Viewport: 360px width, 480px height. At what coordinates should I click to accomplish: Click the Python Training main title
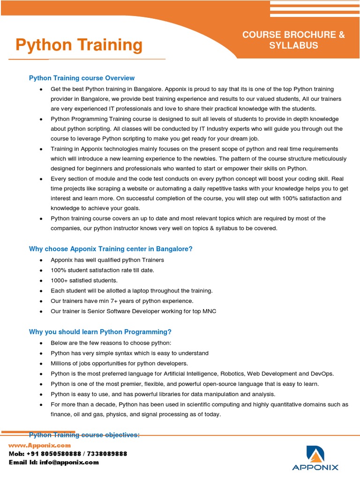coord(79,45)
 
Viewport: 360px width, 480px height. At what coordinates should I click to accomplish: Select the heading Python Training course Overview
coord(82,78)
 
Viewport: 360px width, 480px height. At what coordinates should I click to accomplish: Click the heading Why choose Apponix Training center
coord(111,249)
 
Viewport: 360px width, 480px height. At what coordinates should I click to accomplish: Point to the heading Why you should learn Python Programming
coord(100,332)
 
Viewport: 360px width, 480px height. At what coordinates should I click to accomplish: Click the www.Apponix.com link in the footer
coord(39,445)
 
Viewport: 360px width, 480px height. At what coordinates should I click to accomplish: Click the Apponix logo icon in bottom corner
coord(315,453)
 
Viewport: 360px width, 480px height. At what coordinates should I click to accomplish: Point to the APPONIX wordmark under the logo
coord(315,467)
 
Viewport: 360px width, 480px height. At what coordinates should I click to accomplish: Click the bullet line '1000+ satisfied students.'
coord(84,280)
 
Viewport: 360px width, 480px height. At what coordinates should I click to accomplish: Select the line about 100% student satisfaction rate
coord(102,270)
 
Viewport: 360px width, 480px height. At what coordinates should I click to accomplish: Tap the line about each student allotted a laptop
coord(131,291)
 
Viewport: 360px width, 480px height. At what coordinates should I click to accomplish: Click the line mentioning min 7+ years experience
coord(122,301)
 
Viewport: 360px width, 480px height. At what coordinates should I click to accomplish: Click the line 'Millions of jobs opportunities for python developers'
coord(119,363)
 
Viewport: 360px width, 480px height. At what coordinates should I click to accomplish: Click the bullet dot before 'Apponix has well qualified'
coord(41,260)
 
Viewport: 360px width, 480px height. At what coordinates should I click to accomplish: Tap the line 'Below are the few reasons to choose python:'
coord(111,343)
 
